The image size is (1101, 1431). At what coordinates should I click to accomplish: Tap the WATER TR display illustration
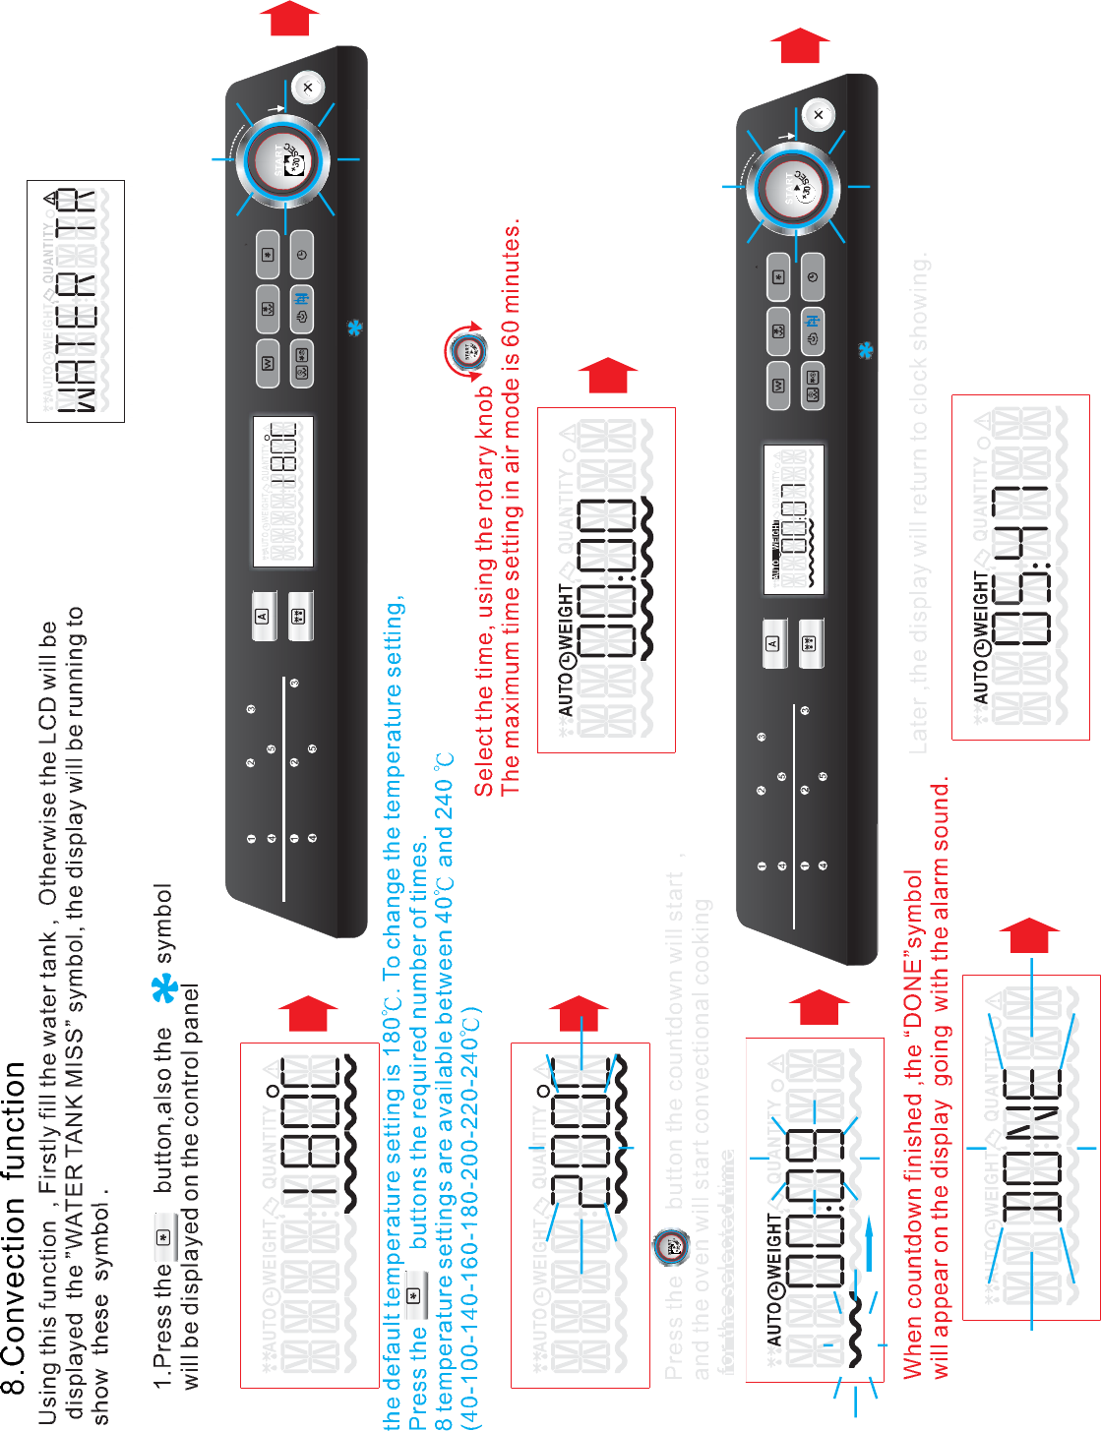[76, 301]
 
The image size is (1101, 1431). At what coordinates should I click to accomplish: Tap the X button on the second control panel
[819, 115]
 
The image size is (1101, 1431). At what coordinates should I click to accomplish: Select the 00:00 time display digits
[607, 580]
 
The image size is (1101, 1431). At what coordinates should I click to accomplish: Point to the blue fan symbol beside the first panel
[355, 328]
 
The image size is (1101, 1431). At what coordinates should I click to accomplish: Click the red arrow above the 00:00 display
[608, 376]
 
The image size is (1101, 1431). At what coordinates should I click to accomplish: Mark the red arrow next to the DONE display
[1029, 936]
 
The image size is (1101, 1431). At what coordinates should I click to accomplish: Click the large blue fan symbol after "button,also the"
[165, 988]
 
